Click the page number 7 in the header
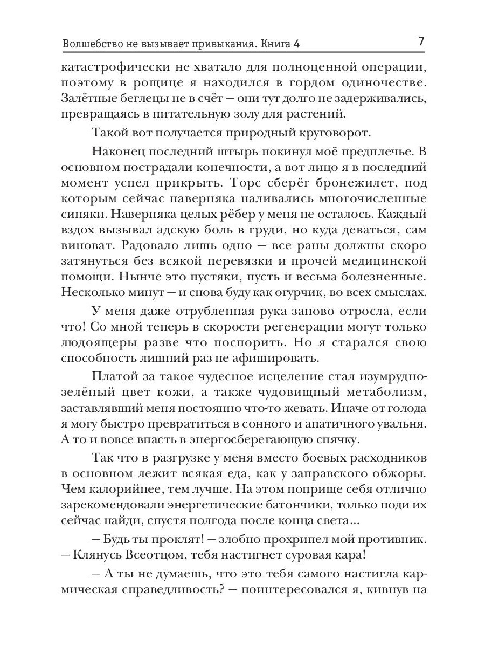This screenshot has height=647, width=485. point(421,42)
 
